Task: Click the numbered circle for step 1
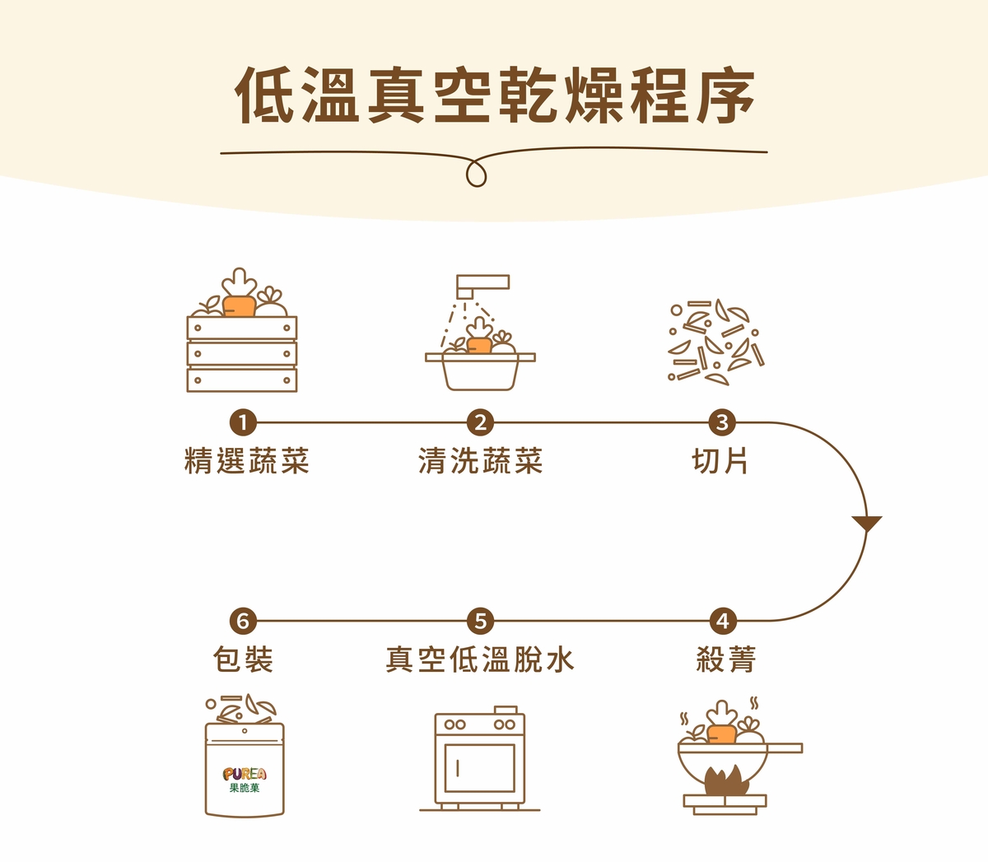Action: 243,422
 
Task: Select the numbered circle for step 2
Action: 481,422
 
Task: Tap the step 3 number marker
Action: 722,422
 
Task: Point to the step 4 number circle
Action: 723,621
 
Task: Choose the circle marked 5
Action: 481,621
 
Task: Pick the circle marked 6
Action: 243,621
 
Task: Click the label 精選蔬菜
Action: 247,461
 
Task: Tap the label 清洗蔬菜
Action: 481,461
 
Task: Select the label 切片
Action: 720,461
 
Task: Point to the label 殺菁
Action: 726,659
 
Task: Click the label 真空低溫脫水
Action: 480,659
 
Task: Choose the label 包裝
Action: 243,659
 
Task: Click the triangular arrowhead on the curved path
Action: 867,524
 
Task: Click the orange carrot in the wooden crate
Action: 239,306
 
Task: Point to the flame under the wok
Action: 725,780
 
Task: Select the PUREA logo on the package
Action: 245,774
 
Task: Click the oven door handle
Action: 457,768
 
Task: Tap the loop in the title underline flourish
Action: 476,173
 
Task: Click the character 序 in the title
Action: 726,96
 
